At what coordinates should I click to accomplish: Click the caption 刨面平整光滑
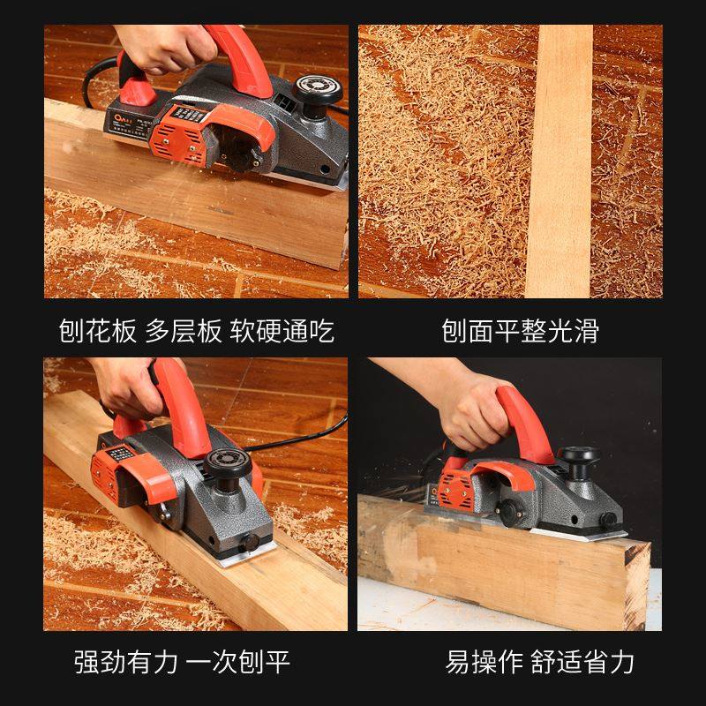point(521,332)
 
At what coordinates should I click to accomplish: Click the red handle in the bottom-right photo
point(521,419)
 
